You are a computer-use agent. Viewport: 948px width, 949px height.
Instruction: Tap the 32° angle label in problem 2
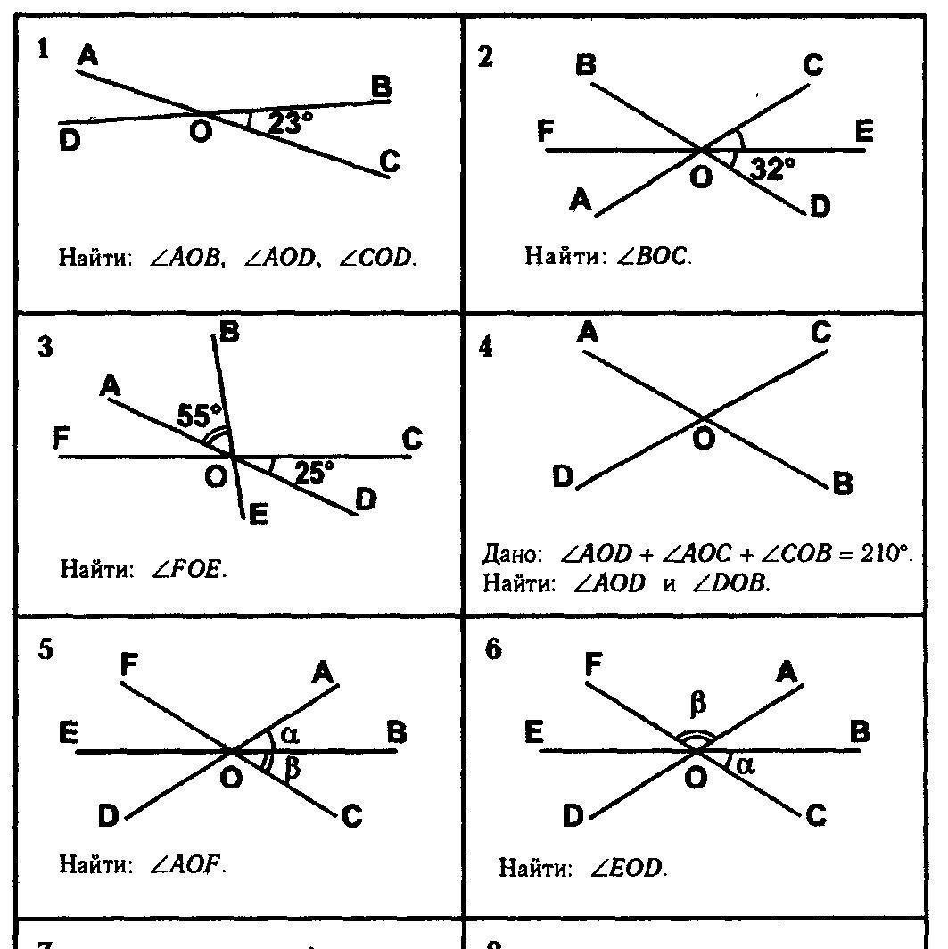[772, 169]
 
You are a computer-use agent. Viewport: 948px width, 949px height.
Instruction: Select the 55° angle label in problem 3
[201, 416]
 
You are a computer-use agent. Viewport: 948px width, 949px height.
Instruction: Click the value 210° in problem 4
[886, 554]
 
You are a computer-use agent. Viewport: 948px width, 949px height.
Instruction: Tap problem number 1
[43, 50]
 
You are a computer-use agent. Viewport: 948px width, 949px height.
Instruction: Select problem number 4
[486, 347]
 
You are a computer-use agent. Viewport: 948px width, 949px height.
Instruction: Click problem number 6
[492, 649]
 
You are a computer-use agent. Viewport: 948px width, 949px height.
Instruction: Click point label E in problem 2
[863, 132]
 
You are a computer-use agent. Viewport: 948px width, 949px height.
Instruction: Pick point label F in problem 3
[62, 439]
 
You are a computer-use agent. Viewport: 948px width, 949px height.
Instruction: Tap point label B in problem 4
[843, 484]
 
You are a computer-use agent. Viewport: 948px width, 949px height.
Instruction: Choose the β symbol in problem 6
[698, 705]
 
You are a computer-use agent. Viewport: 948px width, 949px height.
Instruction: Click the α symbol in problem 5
[288, 733]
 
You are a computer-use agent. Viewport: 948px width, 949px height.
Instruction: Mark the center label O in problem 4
[704, 439]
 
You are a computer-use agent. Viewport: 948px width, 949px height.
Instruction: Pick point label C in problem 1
[389, 161]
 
